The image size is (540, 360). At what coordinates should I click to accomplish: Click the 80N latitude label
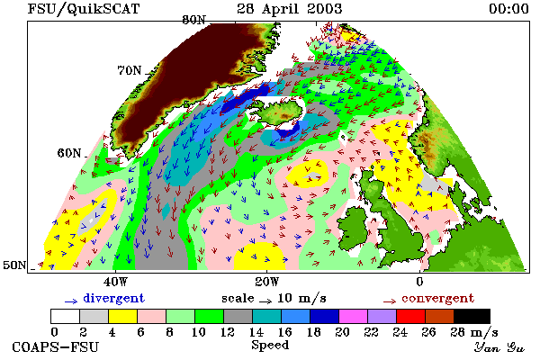pos(193,20)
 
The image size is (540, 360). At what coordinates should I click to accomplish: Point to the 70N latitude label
pos(130,70)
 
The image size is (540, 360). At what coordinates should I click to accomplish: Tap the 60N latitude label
pos(69,153)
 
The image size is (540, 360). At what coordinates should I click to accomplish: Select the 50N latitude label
pos(14,265)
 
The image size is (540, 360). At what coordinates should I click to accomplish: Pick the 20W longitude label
pos(267,282)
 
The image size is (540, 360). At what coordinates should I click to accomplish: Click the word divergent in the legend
pos(114,298)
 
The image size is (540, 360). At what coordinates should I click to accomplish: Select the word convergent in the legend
pos(437,298)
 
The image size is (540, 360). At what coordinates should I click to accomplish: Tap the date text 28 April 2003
pos(290,9)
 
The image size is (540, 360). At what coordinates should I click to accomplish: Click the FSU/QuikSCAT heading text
pos(84,9)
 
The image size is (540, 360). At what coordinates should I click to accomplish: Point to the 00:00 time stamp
pos(508,9)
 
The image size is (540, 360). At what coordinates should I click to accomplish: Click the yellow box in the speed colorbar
pos(122,316)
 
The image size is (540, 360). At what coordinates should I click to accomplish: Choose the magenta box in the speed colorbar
pos(354,316)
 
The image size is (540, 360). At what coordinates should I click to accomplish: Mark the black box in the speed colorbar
pos(472,316)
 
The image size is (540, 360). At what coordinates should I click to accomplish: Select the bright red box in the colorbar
pos(411,316)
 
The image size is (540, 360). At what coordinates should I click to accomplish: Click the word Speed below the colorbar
pos(270,346)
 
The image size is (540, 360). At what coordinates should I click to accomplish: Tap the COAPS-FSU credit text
pos(56,346)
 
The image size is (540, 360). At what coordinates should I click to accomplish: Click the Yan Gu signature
pos(499,347)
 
